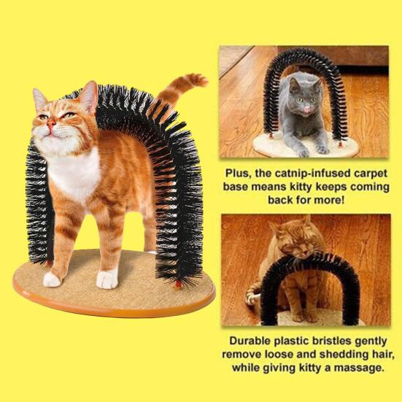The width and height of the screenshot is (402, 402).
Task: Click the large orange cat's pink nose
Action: tap(51, 124)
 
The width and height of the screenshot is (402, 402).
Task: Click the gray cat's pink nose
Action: tap(306, 109)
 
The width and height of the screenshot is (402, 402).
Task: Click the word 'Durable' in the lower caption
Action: tap(250, 341)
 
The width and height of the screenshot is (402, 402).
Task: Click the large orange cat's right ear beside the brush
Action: tap(88, 96)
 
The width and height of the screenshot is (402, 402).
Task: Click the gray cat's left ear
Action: tap(294, 85)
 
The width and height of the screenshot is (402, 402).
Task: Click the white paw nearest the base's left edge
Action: tap(51, 279)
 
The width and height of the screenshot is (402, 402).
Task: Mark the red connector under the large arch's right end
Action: tap(178, 285)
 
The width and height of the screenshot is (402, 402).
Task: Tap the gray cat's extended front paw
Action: tap(304, 152)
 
